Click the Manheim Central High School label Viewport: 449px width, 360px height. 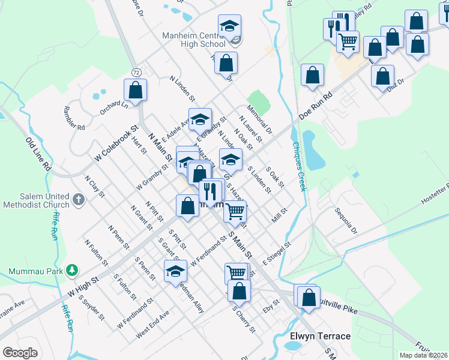click(193, 39)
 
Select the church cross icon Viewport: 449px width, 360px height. click(78, 199)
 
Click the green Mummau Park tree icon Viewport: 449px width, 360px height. click(71, 270)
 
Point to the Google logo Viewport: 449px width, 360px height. click(20, 353)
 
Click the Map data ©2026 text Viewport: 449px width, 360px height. click(423, 355)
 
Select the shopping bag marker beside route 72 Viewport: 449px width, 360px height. click(136, 90)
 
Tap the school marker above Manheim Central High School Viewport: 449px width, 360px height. click(229, 26)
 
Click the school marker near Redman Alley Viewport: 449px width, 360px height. click(175, 271)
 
